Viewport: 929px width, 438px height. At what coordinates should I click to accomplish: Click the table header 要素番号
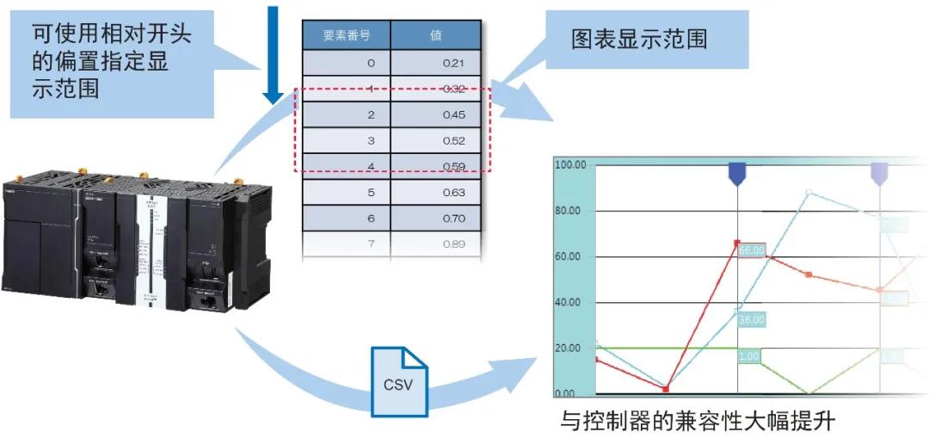point(346,36)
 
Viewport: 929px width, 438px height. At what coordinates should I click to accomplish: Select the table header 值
point(435,36)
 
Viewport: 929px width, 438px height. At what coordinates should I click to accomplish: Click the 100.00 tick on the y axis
point(569,164)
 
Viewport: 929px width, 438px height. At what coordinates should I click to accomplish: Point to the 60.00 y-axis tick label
point(569,256)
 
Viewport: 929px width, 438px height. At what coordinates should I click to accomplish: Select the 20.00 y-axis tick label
point(569,349)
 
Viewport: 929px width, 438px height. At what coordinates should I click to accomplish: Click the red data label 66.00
point(752,250)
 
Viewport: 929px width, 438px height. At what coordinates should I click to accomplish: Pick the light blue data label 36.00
point(751,319)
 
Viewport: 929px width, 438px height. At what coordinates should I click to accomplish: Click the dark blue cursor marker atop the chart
point(738,173)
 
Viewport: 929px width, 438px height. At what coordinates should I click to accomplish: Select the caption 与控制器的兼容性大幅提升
point(698,422)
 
